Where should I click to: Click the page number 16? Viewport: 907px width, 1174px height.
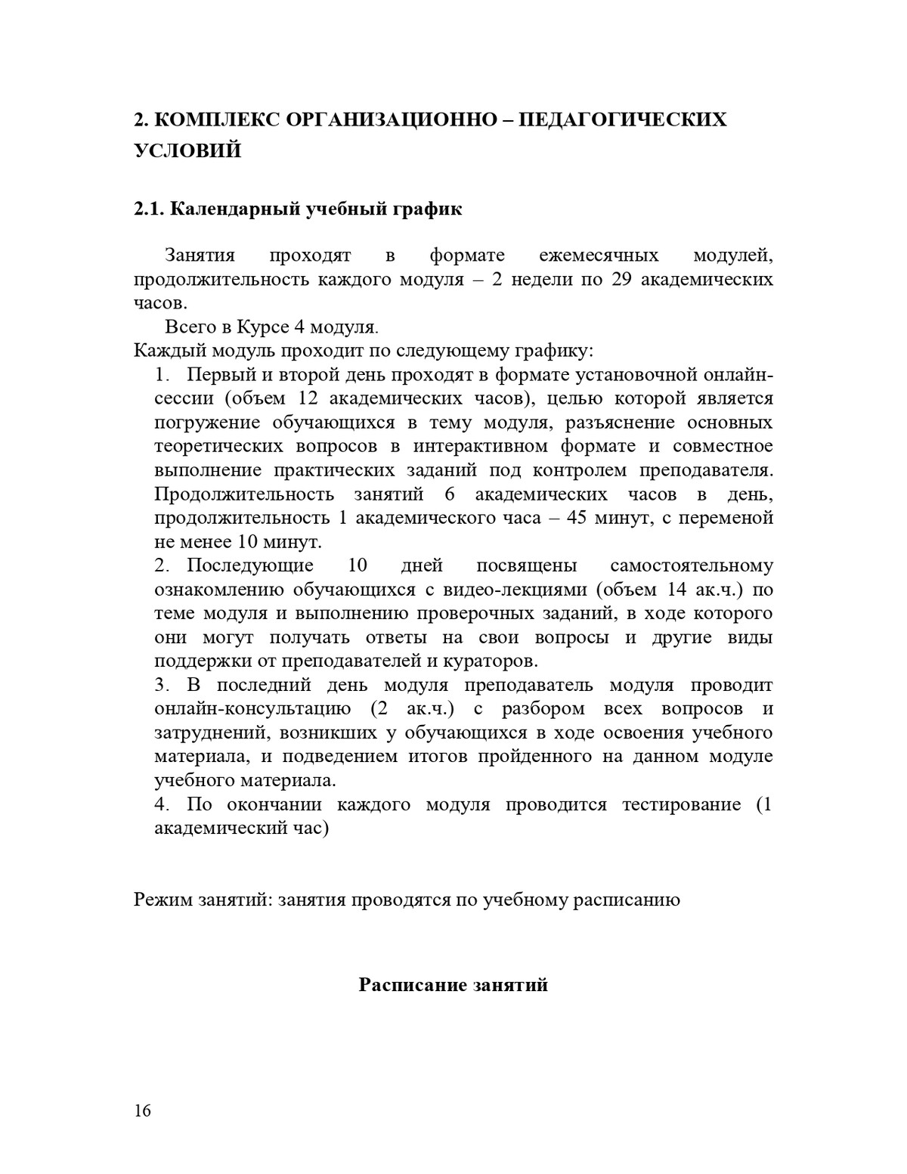(x=142, y=1110)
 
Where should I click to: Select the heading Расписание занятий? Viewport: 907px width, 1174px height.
(x=453, y=985)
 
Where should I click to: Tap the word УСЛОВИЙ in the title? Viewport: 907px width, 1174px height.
(x=187, y=150)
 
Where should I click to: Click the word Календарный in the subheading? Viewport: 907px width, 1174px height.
(x=233, y=209)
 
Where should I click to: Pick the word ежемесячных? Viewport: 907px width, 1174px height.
(x=599, y=256)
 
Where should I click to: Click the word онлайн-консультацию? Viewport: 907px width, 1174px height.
(x=252, y=709)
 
